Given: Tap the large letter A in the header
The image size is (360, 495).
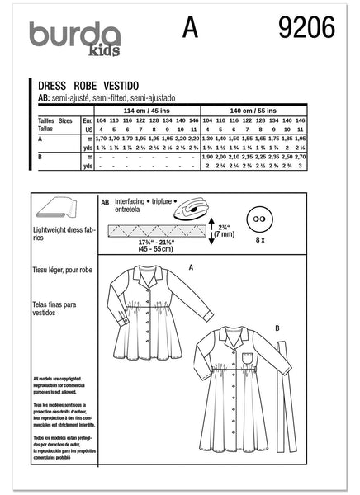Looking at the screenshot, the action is coord(192,31).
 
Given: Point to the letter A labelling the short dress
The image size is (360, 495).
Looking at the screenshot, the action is coord(191,266).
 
